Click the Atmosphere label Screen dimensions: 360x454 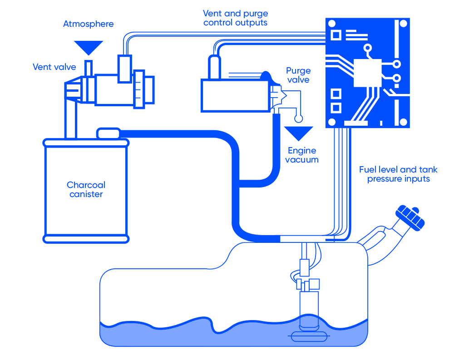88,24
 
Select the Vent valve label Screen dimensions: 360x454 54,67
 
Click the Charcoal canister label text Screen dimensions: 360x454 86,190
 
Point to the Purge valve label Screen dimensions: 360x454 298,75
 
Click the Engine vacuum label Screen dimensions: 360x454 302,155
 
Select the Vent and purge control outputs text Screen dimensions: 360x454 235,18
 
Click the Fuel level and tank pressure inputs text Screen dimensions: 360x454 398,174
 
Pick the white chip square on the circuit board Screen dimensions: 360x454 367,73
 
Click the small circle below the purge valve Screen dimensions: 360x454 298,119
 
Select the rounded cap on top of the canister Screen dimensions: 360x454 108,133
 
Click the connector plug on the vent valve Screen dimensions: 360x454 124,69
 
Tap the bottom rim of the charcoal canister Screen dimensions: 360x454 86,239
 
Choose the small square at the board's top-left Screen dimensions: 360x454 336,35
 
